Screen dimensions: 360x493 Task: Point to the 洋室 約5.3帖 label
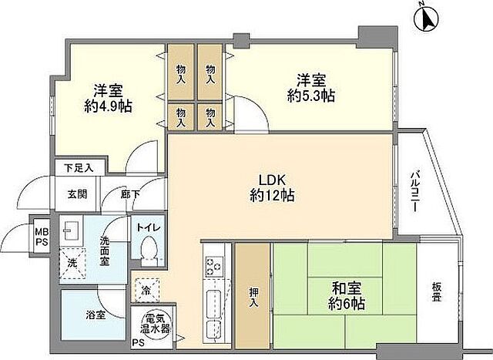[x=311, y=88]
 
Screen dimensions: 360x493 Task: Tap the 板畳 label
[x=437, y=291]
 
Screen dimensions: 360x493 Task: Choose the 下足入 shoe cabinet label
[x=78, y=167]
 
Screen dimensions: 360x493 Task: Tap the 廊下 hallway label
[x=129, y=193]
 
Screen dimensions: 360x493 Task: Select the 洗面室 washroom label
[x=106, y=250]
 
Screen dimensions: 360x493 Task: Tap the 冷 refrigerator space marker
[x=146, y=291]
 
